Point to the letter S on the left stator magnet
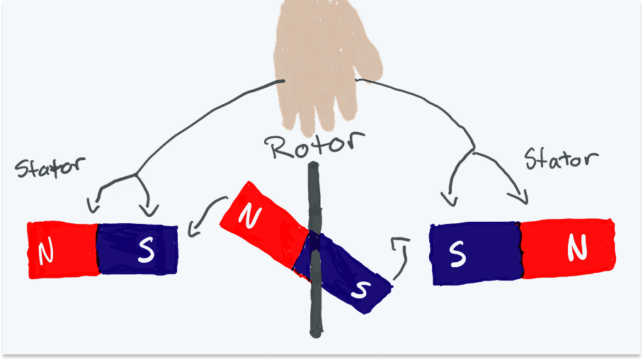[145, 250]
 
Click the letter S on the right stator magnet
[457, 252]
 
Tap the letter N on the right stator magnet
[578, 247]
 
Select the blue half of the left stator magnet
[137, 249]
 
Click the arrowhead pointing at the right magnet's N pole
[522, 198]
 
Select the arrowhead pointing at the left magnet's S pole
[149, 210]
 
